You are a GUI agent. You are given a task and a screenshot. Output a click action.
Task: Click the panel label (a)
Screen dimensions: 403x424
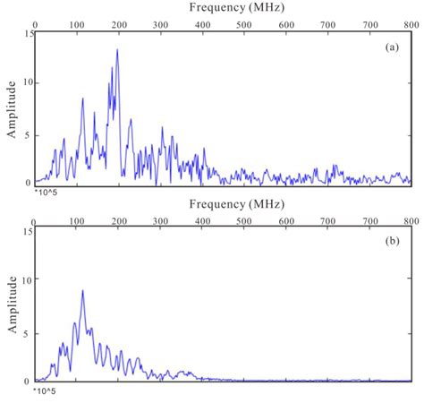tap(392, 48)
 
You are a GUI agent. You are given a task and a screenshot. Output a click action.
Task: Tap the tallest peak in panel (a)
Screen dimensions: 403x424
tap(117, 50)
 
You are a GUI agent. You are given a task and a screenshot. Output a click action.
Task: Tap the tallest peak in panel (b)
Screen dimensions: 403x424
tap(82, 290)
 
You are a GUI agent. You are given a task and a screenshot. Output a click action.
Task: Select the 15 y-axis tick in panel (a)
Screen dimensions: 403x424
tap(28, 34)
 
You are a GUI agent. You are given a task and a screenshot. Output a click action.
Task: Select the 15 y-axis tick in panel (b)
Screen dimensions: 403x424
tap(28, 232)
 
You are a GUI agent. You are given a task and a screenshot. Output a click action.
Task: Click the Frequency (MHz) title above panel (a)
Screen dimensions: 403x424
tap(223, 7)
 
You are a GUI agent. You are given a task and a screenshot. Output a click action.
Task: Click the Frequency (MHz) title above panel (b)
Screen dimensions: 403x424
tap(223, 205)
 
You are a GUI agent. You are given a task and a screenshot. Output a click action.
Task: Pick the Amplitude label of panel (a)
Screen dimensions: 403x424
tap(12, 108)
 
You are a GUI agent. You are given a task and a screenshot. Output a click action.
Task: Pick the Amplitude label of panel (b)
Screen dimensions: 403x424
tap(12, 305)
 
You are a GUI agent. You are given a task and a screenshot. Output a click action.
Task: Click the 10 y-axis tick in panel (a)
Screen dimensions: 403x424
tap(28, 83)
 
